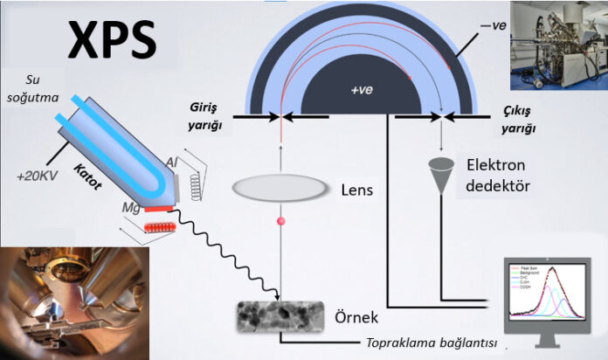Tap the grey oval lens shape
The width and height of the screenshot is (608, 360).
[x=280, y=188]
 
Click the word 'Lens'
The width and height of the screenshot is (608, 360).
[x=354, y=188]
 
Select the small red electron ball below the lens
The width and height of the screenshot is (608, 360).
[x=281, y=223]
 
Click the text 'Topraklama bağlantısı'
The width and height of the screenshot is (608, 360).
[x=432, y=343]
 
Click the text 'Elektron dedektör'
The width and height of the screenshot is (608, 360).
[x=501, y=174]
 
